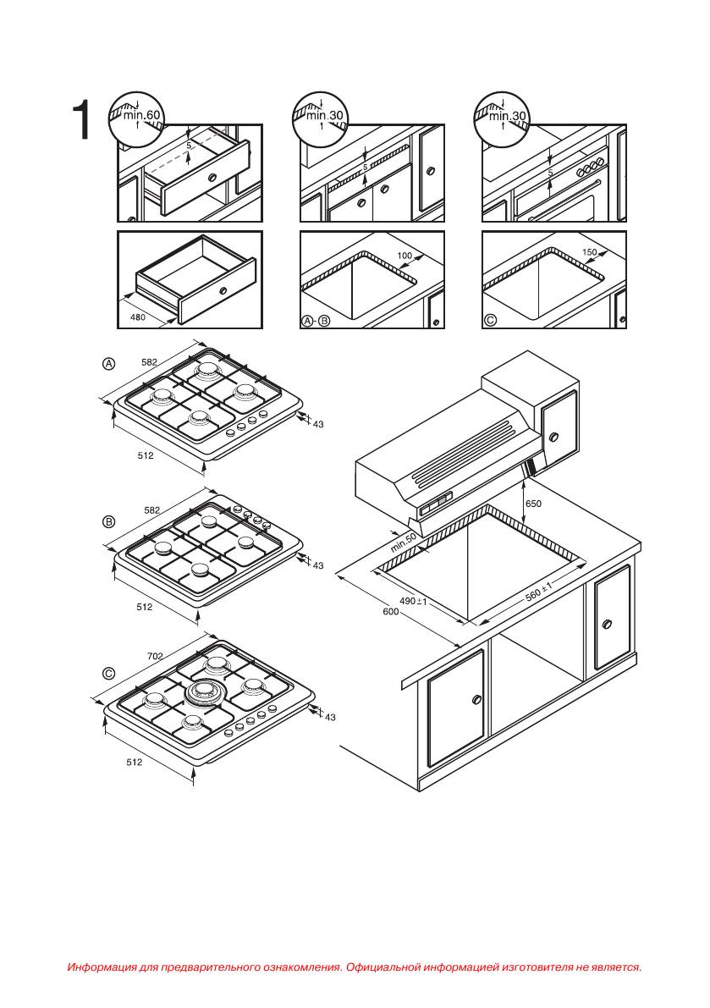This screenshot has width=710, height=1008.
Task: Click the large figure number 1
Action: (80, 119)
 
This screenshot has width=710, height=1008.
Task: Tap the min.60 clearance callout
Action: (142, 115)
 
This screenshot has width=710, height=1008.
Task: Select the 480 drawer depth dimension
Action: (137, 317)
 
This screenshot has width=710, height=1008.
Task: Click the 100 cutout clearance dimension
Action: (405, 256)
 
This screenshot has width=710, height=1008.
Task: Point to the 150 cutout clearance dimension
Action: (589, 253)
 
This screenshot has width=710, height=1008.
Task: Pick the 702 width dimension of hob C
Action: (155, 657)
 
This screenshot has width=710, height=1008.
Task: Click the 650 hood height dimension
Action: (533, 504)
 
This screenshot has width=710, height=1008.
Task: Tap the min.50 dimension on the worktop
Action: (404, 543)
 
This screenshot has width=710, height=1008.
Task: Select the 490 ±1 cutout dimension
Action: (413, 600)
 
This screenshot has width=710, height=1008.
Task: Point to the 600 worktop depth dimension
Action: (391, 611)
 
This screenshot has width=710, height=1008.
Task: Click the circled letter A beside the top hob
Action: (109, 364)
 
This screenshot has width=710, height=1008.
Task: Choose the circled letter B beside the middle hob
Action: (109, 521)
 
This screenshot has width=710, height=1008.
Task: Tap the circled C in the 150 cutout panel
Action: (490, 320)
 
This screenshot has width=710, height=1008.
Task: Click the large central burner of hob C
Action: (203, 693)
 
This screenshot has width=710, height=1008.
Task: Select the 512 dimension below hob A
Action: (146, 455)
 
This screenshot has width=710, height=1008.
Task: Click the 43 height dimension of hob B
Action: (317, 565)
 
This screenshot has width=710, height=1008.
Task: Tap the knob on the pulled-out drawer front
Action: (212, 177)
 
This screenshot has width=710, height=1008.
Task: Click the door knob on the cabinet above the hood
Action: (553, 438)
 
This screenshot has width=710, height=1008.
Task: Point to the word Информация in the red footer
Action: (102, 967)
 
